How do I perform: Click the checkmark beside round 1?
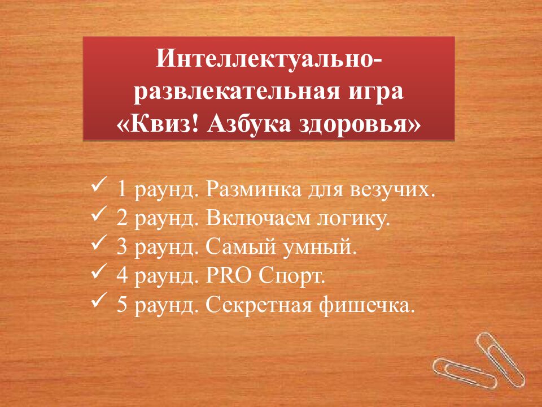tap(99, 185)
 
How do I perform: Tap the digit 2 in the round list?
tap(122, 218)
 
